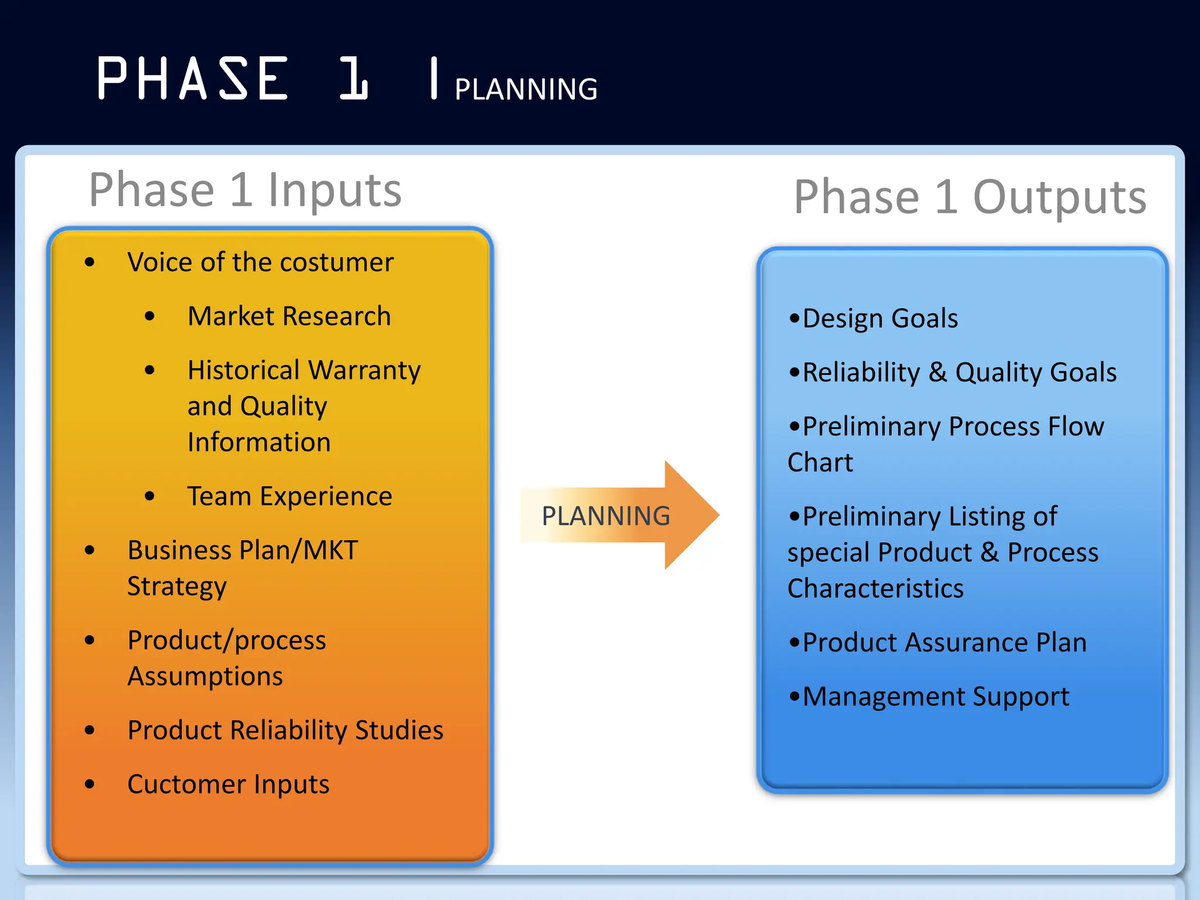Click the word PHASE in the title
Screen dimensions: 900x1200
(192, 79)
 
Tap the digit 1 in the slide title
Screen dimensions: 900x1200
(354, 79)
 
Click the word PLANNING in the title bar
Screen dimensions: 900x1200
(526, 90)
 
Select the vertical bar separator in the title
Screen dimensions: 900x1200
(434, 79)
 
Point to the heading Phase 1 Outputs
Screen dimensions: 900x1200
(970, 197)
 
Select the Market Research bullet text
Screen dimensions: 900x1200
(289, 316)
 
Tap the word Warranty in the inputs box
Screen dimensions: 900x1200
(364, 370)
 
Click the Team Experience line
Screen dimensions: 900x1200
(289, 496)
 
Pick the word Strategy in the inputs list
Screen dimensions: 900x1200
(176, 587)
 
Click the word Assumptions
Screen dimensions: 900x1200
(205, 676)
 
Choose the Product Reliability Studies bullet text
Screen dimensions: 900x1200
(285, 730)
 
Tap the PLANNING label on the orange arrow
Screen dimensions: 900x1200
(605, 516)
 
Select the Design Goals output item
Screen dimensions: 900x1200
(879, 319)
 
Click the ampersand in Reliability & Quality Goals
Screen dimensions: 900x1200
(938, 373)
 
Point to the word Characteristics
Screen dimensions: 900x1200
(875, 588)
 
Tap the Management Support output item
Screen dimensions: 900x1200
(935, 697)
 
